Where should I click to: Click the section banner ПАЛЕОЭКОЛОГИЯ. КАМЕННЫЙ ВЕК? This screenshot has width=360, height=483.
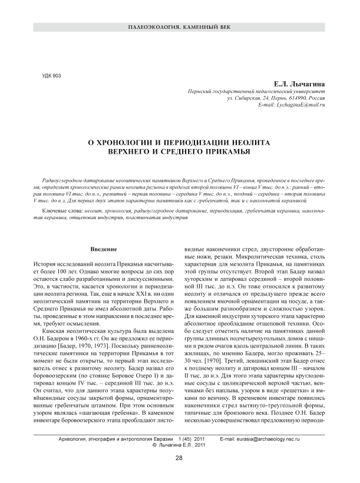pos(180,28)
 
